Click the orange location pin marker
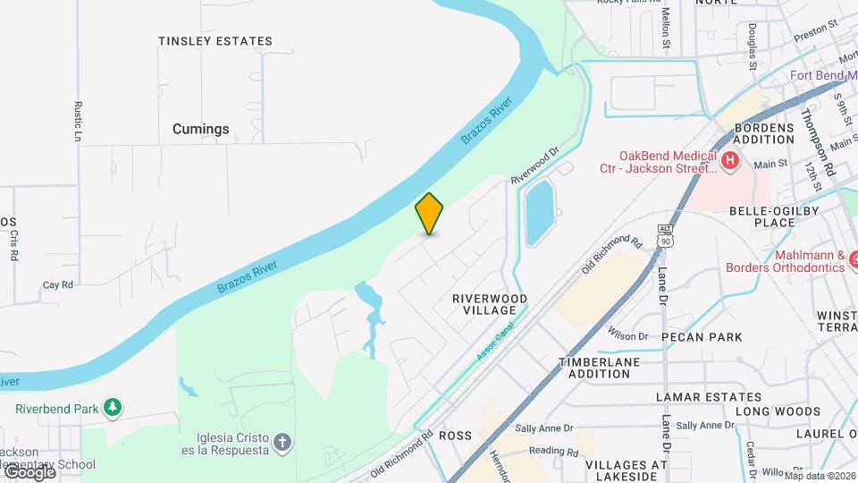429,214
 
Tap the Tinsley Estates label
214,41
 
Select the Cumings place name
200,129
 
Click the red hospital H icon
730,161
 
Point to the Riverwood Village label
490,304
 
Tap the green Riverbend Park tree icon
112,409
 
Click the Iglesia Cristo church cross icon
282,442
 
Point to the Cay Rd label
57,285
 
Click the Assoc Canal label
493,343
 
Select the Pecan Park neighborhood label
702,337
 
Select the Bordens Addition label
763,133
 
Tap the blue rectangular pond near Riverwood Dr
538,212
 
